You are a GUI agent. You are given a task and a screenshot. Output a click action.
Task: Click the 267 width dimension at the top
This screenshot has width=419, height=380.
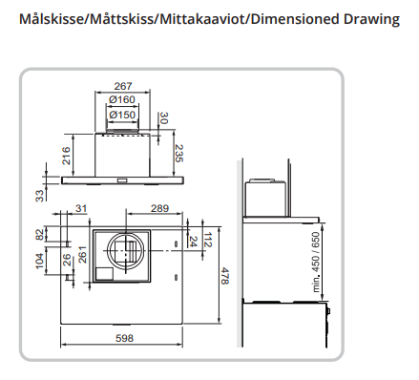point(123,86)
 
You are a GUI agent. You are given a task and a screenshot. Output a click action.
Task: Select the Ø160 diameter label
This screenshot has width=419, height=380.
point(122,99)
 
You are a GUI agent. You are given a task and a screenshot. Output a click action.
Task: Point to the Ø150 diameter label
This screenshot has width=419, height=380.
point(122,115)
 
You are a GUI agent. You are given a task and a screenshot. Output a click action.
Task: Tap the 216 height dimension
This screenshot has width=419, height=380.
point(66,156)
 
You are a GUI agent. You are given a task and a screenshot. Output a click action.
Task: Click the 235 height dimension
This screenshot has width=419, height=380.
point(179,153)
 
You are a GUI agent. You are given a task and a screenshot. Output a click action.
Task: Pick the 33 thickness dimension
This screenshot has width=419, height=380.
point(39,196)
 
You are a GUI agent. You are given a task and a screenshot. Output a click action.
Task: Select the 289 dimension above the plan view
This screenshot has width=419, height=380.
point(159,208)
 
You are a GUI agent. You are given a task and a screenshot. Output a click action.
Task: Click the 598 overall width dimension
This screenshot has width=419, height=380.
point(124,338)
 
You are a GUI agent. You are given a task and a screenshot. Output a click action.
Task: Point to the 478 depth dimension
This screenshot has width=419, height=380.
point(224,276)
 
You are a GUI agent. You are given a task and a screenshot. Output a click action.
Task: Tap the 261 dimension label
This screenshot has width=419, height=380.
point(82,254)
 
